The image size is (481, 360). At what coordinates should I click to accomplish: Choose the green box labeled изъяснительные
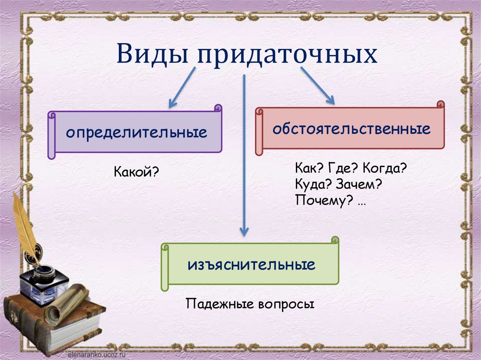click(251, 265)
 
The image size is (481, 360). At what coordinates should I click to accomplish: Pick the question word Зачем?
click(360, 184)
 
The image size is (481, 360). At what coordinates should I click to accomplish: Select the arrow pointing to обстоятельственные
click(318, 85)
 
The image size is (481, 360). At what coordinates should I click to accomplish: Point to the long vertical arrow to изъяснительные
click(243, 155)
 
